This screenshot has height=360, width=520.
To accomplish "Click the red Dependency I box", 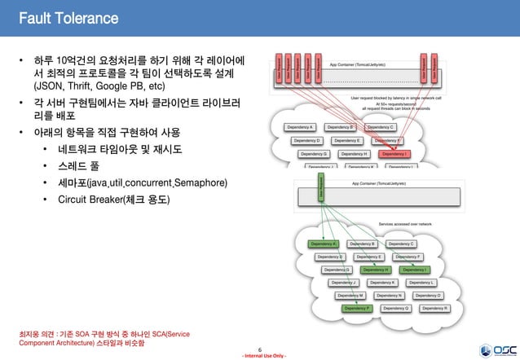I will (x=395, y=154).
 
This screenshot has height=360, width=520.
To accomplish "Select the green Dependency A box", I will (x=324, y=244).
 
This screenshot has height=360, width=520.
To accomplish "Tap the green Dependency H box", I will (x=376, y=270).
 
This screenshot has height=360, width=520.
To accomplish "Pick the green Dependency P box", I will (x=356, y=309).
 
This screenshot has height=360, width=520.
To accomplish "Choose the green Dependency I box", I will (x=414, y=270).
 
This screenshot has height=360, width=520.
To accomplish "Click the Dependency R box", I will (x=435, y=309).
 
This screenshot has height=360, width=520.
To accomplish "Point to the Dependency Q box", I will (x=396, y=309).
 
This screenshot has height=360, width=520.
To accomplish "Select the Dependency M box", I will (x=350, y=296).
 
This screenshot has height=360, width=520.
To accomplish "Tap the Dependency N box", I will (x=390, y=296).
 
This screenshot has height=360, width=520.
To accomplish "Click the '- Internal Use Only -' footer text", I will (x=259, y=356).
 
